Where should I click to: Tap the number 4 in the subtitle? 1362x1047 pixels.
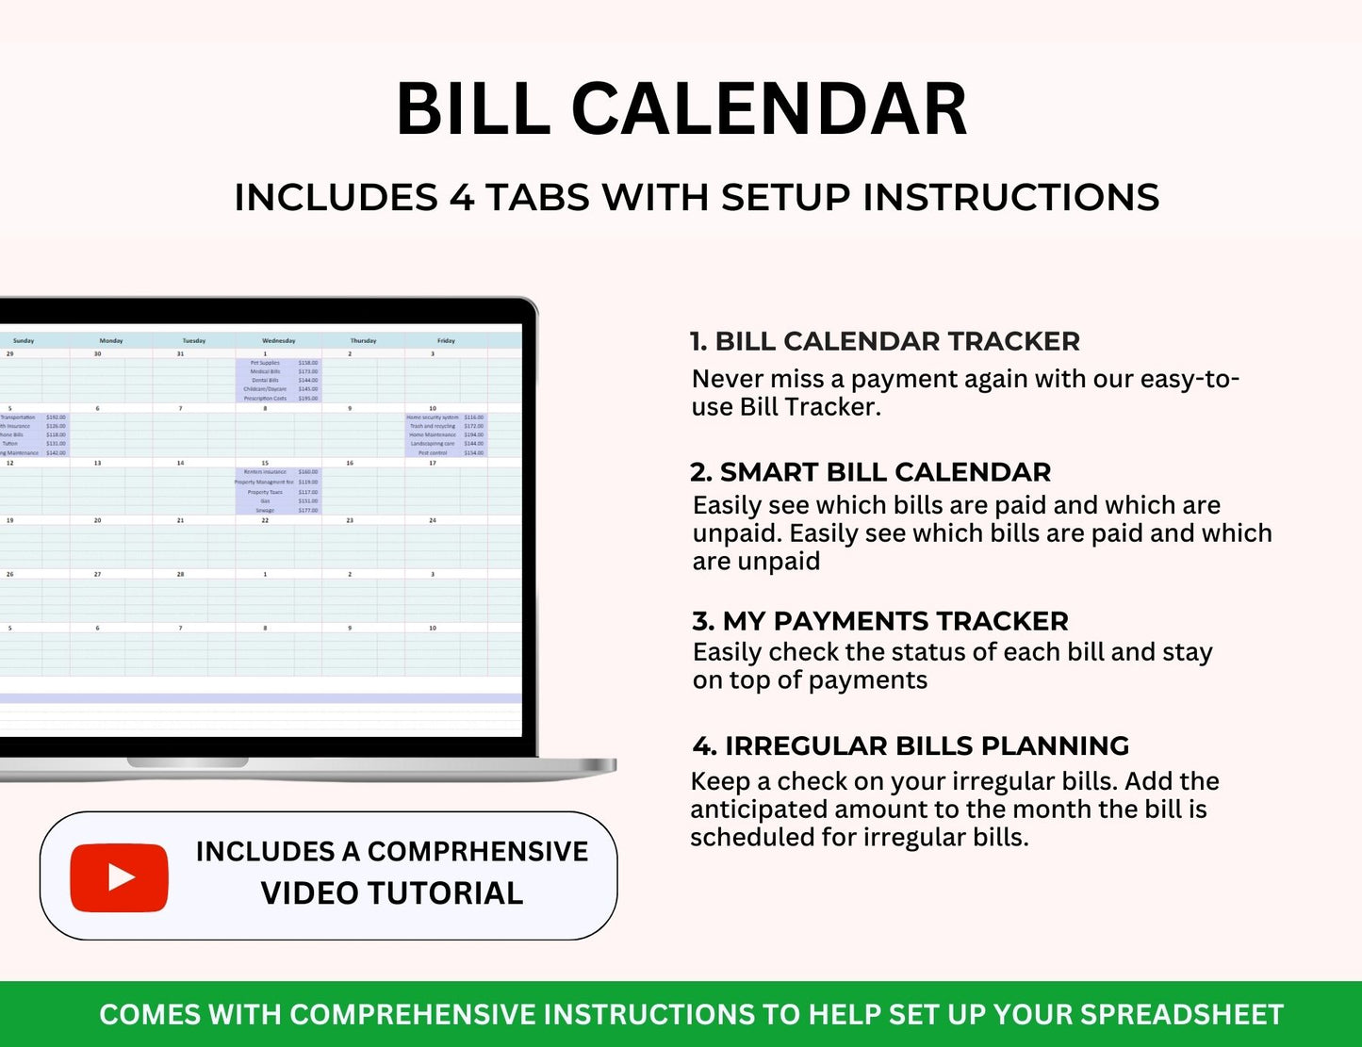(x=462, y=198)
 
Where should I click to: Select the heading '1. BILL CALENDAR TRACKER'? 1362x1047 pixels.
(x=884, y=341)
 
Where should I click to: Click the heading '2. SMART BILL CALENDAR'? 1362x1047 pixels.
(x=870, y=472)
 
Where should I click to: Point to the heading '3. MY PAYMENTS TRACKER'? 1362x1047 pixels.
(x=879, y=621)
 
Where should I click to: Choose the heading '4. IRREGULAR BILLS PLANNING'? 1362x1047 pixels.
(x=910, y=745)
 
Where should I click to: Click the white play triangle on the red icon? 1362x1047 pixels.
(x=121, y=877)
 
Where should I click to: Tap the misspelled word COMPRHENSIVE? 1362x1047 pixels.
(x=477, y=852)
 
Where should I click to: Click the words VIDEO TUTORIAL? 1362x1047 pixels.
(x=391, y=893)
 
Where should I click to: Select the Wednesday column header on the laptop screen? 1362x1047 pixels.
(x=278, y=340)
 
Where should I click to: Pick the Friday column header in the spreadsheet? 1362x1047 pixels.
(x=446, y=340)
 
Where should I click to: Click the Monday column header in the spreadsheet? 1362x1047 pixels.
(x=111, y=340)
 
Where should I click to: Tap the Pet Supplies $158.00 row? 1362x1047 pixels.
(x=279, y=363)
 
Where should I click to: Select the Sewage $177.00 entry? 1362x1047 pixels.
(x=279, y=511)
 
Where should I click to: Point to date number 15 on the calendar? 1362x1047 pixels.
(x=265, y=464)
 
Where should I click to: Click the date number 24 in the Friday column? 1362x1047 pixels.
(x=433, y=520)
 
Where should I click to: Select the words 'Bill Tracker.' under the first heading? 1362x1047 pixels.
(x=810, y=407)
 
